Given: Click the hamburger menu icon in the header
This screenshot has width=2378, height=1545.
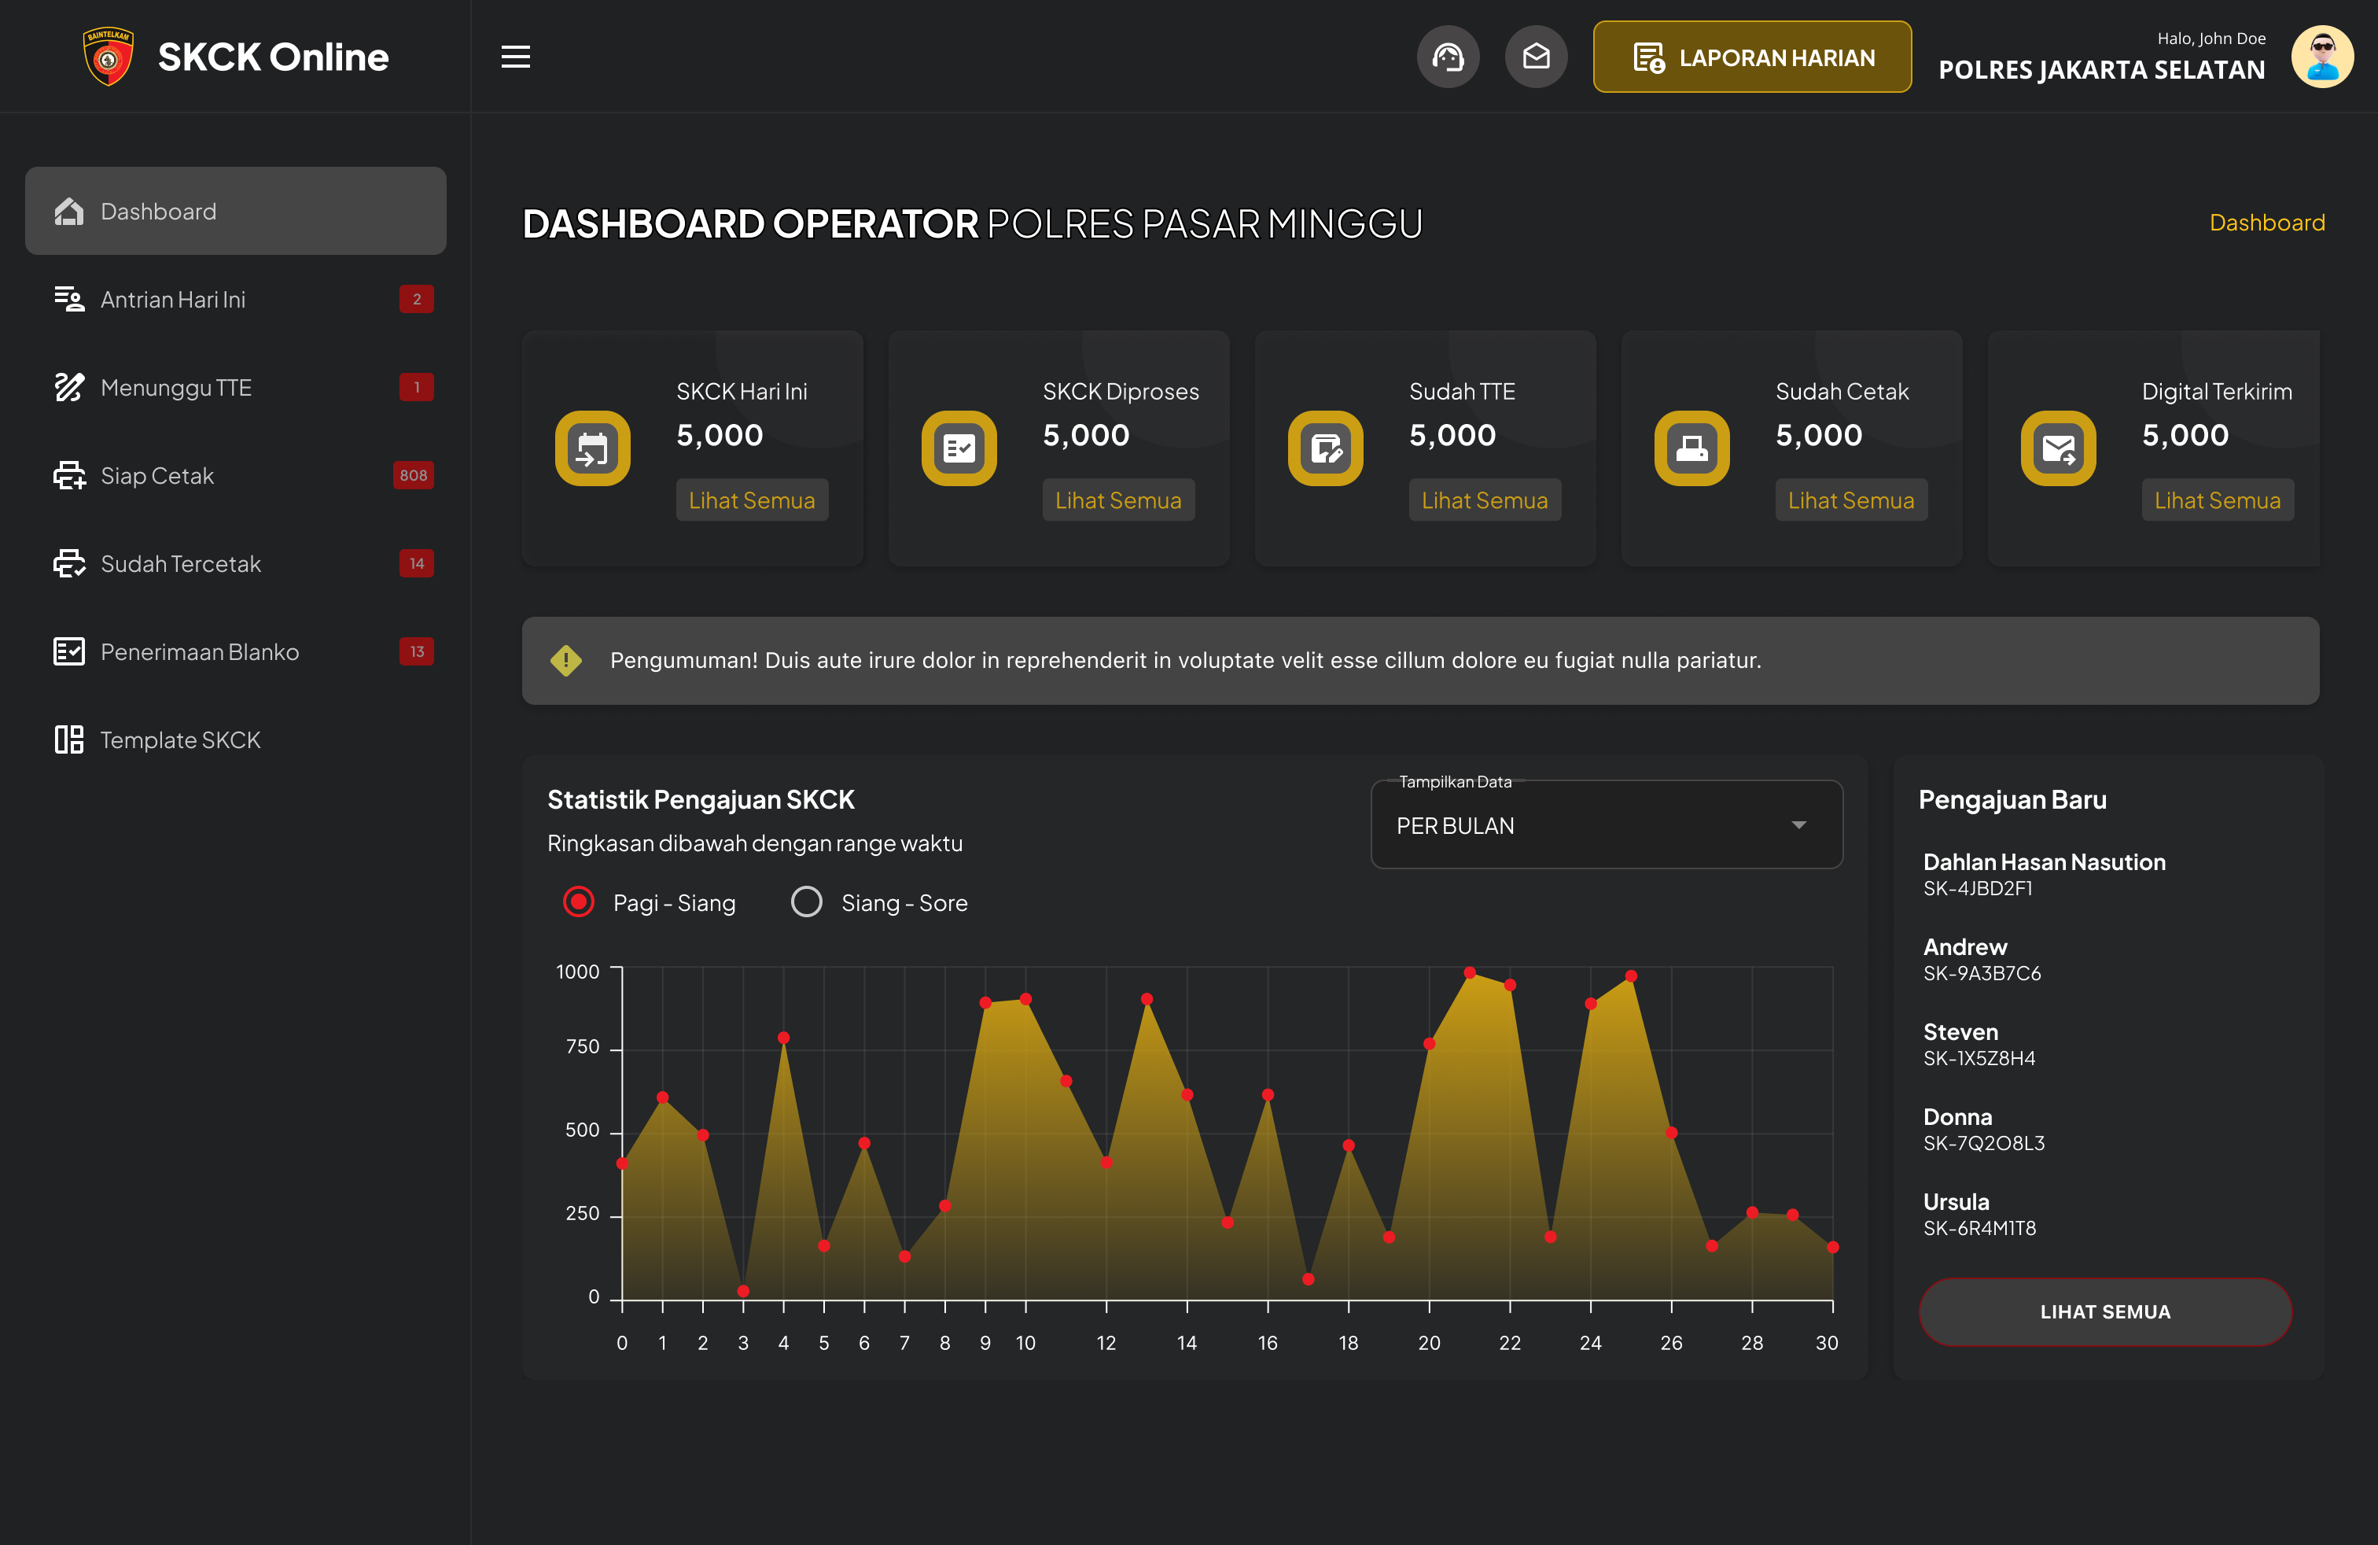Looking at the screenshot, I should click(516, 57).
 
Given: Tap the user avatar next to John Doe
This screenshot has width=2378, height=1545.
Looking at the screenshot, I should click(2321, 57).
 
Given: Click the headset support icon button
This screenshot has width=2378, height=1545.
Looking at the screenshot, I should click(1447, 57).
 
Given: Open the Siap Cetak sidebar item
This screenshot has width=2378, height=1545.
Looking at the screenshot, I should click(156, 476).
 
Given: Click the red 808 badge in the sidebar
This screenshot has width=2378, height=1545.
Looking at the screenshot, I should click(414, 476).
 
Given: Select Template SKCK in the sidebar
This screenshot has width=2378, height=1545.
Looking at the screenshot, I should click(180, 739).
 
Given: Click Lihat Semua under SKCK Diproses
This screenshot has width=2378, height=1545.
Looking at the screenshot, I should click(1118, 500).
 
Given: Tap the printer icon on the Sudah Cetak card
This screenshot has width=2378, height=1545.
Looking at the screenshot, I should click(1691, 448).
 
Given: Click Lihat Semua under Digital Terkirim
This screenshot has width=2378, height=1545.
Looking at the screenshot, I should click(2217, 500).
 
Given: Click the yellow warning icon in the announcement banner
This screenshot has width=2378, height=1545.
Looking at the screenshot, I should click(566, 661).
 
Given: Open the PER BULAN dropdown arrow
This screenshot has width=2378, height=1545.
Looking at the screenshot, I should click(1798, 825).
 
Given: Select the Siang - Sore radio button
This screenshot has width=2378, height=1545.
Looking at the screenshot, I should click(806, 902).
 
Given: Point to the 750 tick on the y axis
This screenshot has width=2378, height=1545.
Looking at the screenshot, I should click(583, 1047).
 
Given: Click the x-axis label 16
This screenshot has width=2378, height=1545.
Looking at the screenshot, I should click(1267, 1343).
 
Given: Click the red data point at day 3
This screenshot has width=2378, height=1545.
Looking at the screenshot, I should click(743, 1291).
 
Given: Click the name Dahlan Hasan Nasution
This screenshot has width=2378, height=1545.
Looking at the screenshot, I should click(2045, 861).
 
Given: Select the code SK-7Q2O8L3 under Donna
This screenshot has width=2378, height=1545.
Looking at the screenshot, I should click(1983, 1143).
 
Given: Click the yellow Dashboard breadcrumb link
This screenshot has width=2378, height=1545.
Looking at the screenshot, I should click(2266, 223).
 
